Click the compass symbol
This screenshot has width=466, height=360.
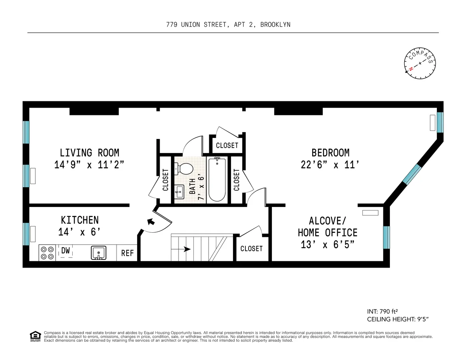420,65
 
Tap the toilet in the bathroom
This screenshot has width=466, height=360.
184,169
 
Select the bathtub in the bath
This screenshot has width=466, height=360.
217,179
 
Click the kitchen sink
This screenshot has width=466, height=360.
99,253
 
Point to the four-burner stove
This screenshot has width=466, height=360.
47,253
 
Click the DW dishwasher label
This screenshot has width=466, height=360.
66,251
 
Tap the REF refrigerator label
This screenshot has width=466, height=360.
127,253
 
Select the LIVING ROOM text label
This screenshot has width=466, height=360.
89,153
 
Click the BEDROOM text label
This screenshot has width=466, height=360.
330,153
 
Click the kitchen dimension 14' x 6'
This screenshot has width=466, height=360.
79,232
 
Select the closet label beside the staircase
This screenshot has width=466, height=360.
251,249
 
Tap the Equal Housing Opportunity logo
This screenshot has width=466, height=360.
35,336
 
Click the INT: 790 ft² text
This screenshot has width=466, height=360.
383,311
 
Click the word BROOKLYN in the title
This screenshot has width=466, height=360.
275,24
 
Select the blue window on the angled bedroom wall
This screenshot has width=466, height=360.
412,174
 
